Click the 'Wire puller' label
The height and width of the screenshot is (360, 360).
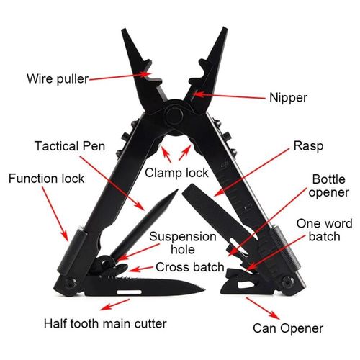pyautogui.click(x=58, y=78)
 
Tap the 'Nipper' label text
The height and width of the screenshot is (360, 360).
pyautogui.click(x=288, y=98)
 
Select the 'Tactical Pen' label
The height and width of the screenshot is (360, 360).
pyautogui.click(x=70, y=146)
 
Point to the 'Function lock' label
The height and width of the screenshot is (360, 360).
pyautogui.click(x=46, y=179)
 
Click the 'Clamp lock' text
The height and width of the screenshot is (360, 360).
pyautogui.click(x=176, y=173)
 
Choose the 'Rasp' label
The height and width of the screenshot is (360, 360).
pyautogui.click(x=308, y=146)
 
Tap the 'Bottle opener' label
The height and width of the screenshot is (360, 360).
pyautogui.click(x=329, y=186)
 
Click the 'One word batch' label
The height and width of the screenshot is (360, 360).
pyautogui.click(x=325, y=230)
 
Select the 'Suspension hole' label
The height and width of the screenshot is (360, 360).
pyautogui.click(x=183, y=243)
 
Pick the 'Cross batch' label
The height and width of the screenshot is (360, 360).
pyautogui.click(x=190, y=267)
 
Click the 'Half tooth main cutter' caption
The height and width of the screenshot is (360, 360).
pyautogui.click(x=105, y=323)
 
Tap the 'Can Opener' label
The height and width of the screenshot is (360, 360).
pyautogui.click(x=288, y=328)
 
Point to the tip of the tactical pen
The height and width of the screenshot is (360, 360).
pyautogui.click(x=177, y=189)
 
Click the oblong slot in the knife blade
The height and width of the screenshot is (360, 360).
pyautogui.click(x=129, y=292)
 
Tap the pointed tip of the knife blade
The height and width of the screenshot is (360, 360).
pyautogui.click(x=204, y=289)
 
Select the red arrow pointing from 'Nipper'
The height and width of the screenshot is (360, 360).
pyautogui.click(x=229, y=96)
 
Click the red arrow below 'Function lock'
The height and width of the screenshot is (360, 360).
pyautogui.click(x=55, y=214)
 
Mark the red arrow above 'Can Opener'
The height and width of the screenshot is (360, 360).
pyautogui.click(x=263, y=308)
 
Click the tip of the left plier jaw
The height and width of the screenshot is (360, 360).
pyautogui.click(x=123, y=30)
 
